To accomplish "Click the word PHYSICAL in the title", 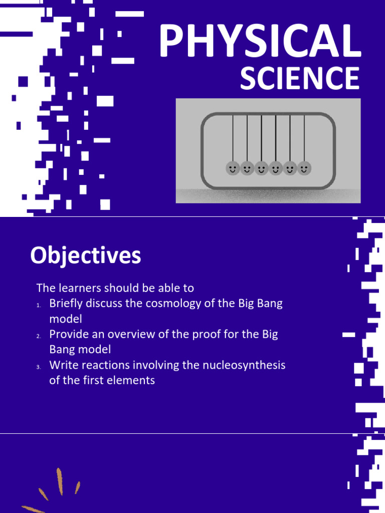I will (x=260, y=42).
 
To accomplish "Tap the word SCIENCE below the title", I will (x=299, y=79).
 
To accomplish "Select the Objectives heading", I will (x=85, y=256).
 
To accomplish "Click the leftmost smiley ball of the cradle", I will (x=232, y=168).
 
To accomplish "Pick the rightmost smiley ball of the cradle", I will (x=304, y=168).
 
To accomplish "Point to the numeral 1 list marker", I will (x=38, y=305).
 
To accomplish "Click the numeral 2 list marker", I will (x=38, y=336).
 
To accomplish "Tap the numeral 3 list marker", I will (x=38, y=366).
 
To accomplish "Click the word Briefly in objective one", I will (x=65, y=304).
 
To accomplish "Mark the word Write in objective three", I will (x=62, y=365).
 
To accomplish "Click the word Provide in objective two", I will (x=67, y=334).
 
